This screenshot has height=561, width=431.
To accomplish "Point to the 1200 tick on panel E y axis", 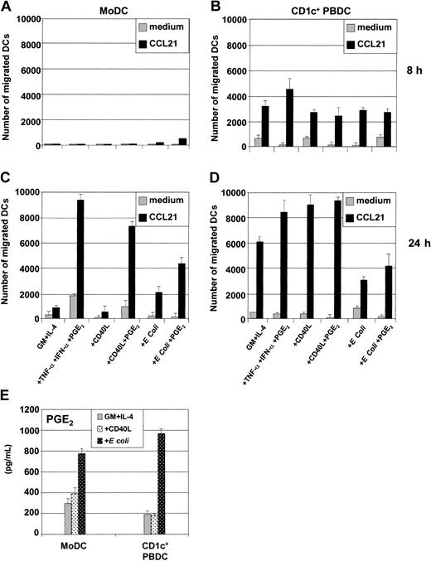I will pyautogui.click(x=35, y=409).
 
